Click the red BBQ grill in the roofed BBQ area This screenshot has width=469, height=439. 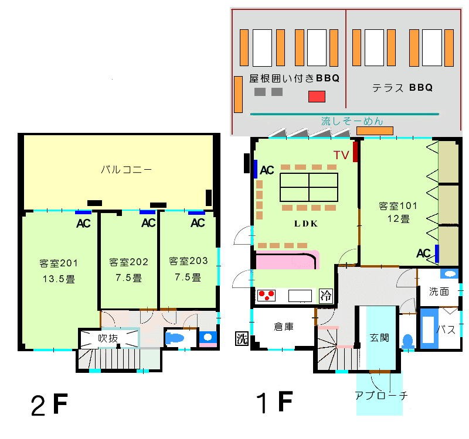tap(317, 97)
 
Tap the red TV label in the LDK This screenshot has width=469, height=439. tap(342, 156)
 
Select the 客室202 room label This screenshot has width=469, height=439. tap(128, 262)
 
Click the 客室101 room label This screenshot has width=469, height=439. tap(397, 206)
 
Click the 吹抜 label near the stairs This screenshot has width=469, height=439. tap(110, 338)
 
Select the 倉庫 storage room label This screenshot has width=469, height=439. tap(284, 327)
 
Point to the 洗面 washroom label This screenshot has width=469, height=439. tap(439, 291)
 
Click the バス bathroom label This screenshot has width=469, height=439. tap(447, 330)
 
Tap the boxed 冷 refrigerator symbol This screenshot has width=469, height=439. tap(325, 296)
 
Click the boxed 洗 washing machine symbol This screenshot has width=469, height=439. tap(242, 338)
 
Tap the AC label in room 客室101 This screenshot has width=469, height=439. tap(423, 253)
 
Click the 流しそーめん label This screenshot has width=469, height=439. tap(352, 122)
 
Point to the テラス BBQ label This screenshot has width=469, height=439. tap(402, 88)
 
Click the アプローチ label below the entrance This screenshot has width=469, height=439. tap(381, 395)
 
